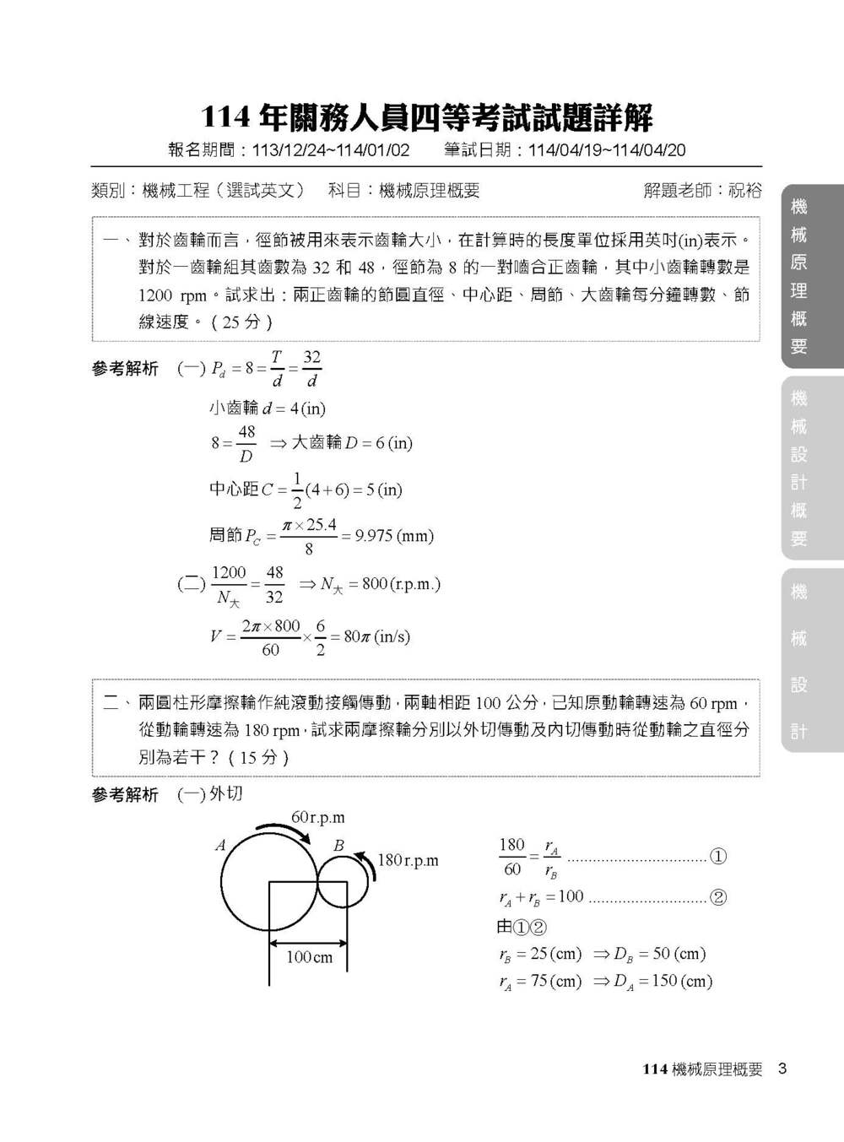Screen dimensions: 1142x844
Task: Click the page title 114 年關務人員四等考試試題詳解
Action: click(426, 118)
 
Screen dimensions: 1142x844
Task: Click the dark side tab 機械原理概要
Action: click(799, 276)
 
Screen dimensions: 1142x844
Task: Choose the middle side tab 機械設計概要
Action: click(799, 468)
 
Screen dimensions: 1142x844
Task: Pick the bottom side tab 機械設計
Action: click(799, 661)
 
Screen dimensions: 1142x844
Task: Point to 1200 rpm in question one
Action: click(173, 295)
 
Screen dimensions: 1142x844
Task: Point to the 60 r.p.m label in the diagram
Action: click(318, 817)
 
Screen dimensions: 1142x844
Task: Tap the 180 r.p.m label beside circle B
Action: click(408, 860)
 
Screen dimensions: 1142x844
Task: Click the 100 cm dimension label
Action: click(309, 957)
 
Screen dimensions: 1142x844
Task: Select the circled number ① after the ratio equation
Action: click(718, 857)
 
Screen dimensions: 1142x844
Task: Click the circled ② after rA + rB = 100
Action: click(718, 897)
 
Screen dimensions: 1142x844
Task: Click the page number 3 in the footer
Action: click(782, 1069)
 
